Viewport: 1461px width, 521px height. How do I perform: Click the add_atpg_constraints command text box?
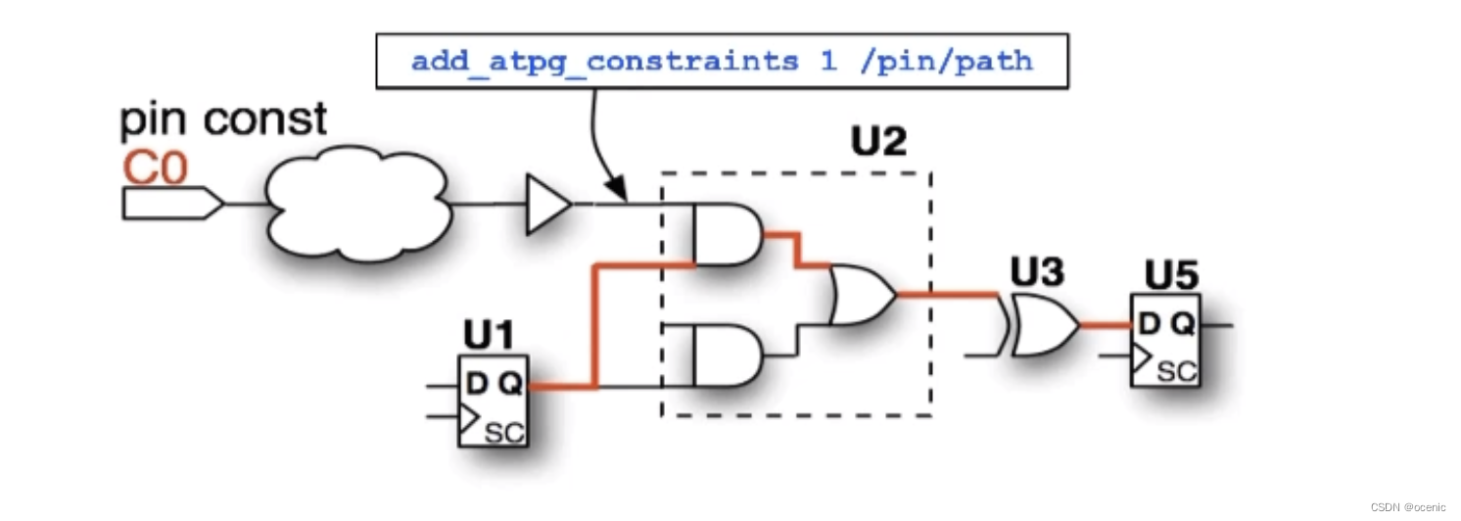[x=722, y=61]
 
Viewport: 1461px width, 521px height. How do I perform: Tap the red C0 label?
[x=154, y=168]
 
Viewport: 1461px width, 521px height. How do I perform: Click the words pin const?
[x=223, y=120]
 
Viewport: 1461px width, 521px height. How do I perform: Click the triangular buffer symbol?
[x=547, y=205]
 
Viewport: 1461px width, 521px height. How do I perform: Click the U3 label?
[x=1037, y=273]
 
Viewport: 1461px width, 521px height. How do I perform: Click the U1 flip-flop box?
[x=493, y=401]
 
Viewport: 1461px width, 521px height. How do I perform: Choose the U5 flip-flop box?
[x=1165, y=339]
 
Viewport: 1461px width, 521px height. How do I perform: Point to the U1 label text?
[x=488, y=337]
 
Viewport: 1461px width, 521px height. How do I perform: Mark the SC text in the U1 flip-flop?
[x=504, y=431]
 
